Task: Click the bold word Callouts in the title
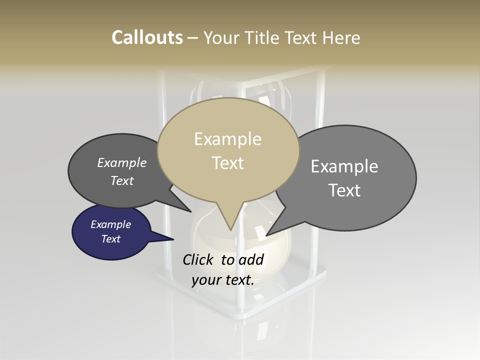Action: click(x=147, y=37)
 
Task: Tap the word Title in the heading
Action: click(x=262, y=37)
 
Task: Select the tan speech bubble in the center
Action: click(x=228, y=150)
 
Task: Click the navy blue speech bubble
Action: click(x=111, y=232)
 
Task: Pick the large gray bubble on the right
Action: click(x=350, y=178)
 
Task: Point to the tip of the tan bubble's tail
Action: click(x=230, y=230)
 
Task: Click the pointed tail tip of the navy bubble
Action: click(x=173, y=239)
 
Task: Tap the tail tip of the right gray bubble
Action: click(x=266, y=235)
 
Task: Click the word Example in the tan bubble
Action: click(x=227, y=138)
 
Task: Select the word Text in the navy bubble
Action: click(x=111, y=239)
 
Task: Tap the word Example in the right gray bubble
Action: click(x=344, y=166)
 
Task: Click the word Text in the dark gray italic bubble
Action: click(x=122, y=180)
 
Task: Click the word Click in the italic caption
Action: click(x=198, y=259)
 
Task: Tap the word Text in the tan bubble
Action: click(x=228, y=162)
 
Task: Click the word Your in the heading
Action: click(x=222, y=37)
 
